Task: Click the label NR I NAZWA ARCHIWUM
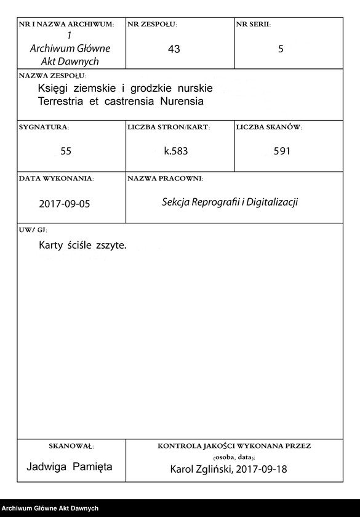click(x=66, y=25)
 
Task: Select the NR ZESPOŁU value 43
click(x=174, y=49)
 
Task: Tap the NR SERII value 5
click(x=281, y=49)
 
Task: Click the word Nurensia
click(x=181, y=101)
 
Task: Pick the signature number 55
click(x=66, y=151)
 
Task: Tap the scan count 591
click(x=282, y=151)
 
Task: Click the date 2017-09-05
click(x=64, y=202)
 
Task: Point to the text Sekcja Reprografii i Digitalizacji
click(x=230, y=202)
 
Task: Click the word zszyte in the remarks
click(x=111, y=245)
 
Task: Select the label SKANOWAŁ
click(x=71, y=446)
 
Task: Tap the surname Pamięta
click(x=92, y=467)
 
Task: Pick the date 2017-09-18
click(x=265, y=470)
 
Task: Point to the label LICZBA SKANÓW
click(x=268, y=127)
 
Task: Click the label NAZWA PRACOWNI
click(x=165, y=178)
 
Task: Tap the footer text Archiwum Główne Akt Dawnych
click(x=50, y=508)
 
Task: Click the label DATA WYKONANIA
click(x=56, y=178)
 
